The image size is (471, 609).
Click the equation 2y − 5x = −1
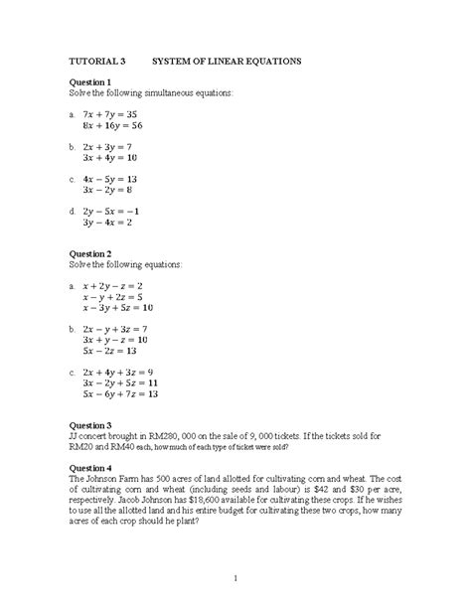coord(114,211)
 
